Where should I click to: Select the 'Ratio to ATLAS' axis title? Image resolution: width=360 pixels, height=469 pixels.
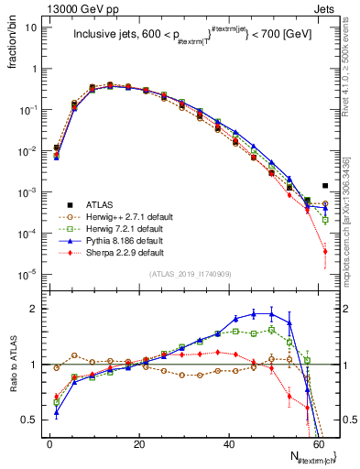pyautogui.click(x=12, y=367)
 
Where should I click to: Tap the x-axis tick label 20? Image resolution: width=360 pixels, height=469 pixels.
pyautogui.click(x=139, y=443)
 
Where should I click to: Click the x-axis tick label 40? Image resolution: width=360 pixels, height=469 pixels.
pyautogui.click(x=229, y=443)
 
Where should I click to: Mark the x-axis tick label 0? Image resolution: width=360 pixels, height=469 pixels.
pyautogui.click(x=50, y=443)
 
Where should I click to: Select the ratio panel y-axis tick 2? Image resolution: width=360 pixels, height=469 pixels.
pyautogui.click(x=35, y=309)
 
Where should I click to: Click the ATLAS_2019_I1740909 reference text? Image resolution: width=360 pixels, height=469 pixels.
pyautogui.click(x=191, y=274)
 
